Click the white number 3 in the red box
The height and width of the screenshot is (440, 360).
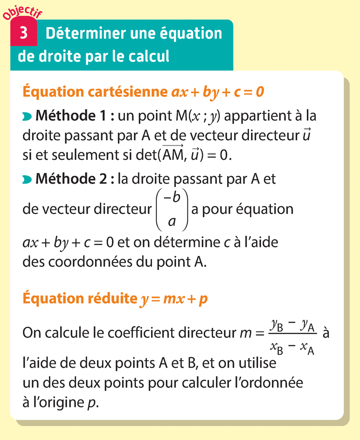tap(23, 34)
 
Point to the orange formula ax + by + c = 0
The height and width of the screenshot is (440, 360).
tap(218, 92)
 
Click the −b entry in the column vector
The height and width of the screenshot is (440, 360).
tap(172, 196)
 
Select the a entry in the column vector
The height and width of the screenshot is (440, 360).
tap(172, 221)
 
